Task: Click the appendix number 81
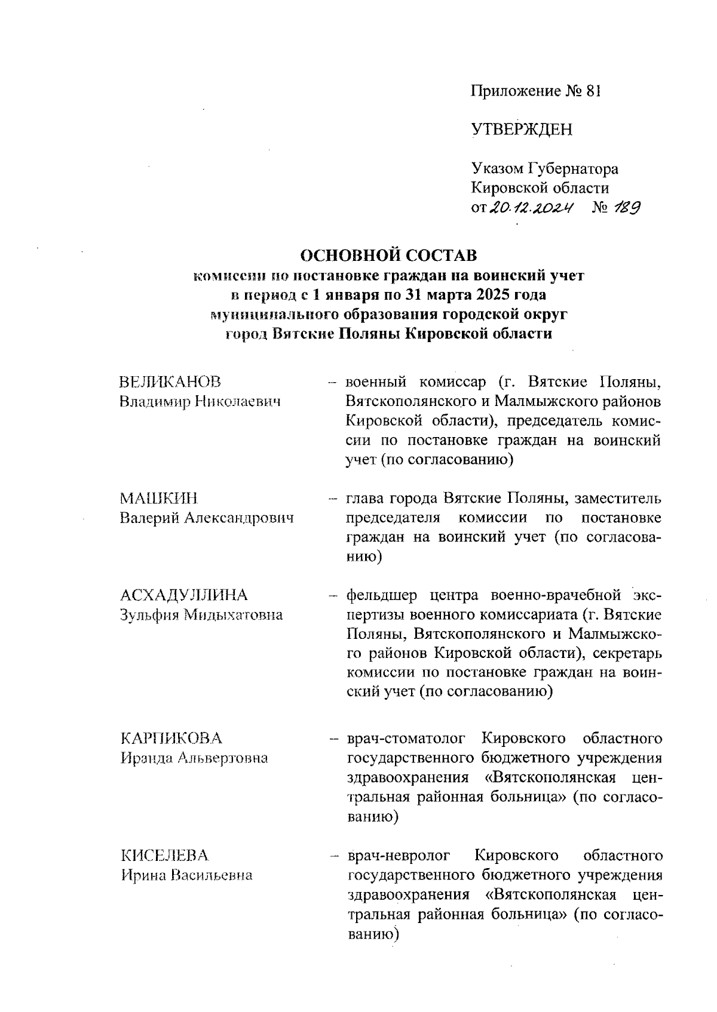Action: [593, 91]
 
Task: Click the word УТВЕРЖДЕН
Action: [522, 130]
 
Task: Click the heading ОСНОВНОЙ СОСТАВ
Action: [388, 256]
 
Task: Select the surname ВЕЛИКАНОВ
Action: [170, 382]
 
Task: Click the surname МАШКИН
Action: [158, 498]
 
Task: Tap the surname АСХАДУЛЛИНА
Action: [183, 595]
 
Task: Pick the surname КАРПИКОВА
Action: [171, 738]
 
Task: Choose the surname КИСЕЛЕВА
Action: [164, 856]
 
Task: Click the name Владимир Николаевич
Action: [200, 401]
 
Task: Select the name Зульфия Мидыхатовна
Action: [201, 614]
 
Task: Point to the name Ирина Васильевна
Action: [186, 875]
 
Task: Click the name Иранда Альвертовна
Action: [194, 758]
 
